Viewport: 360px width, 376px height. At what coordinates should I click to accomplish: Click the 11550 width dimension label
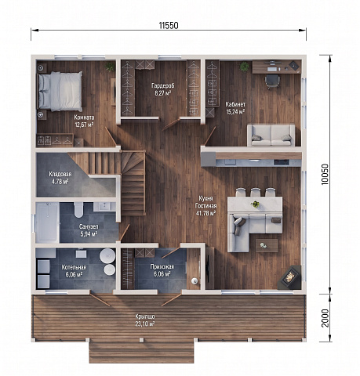169,26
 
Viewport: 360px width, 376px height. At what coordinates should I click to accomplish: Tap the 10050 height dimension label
325,175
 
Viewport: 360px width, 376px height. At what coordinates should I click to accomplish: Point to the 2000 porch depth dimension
325,318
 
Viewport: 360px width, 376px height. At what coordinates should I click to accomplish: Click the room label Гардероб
163,85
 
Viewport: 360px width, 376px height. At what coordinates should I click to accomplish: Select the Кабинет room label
235,104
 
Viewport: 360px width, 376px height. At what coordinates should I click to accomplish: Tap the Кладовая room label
60,174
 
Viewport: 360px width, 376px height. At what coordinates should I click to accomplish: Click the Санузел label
89,226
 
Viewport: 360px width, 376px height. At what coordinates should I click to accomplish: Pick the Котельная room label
74,267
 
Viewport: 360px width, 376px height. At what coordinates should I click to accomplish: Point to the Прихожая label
162,266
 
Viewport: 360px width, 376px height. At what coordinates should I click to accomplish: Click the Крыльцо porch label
145,316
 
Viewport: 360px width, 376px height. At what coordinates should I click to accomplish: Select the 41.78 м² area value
205,213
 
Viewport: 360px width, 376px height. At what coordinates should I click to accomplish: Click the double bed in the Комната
60,91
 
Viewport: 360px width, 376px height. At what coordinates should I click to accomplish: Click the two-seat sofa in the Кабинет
271,135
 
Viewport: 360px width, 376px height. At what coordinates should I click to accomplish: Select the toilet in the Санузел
78,210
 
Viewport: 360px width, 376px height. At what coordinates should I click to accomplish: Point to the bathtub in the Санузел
47,222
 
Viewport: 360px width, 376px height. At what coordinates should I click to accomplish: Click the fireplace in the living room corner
289,277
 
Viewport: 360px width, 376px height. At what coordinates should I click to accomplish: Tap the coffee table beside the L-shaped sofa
267,245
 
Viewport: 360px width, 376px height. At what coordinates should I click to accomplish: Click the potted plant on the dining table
255,204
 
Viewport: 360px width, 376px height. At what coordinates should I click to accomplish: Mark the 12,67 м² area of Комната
84,125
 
